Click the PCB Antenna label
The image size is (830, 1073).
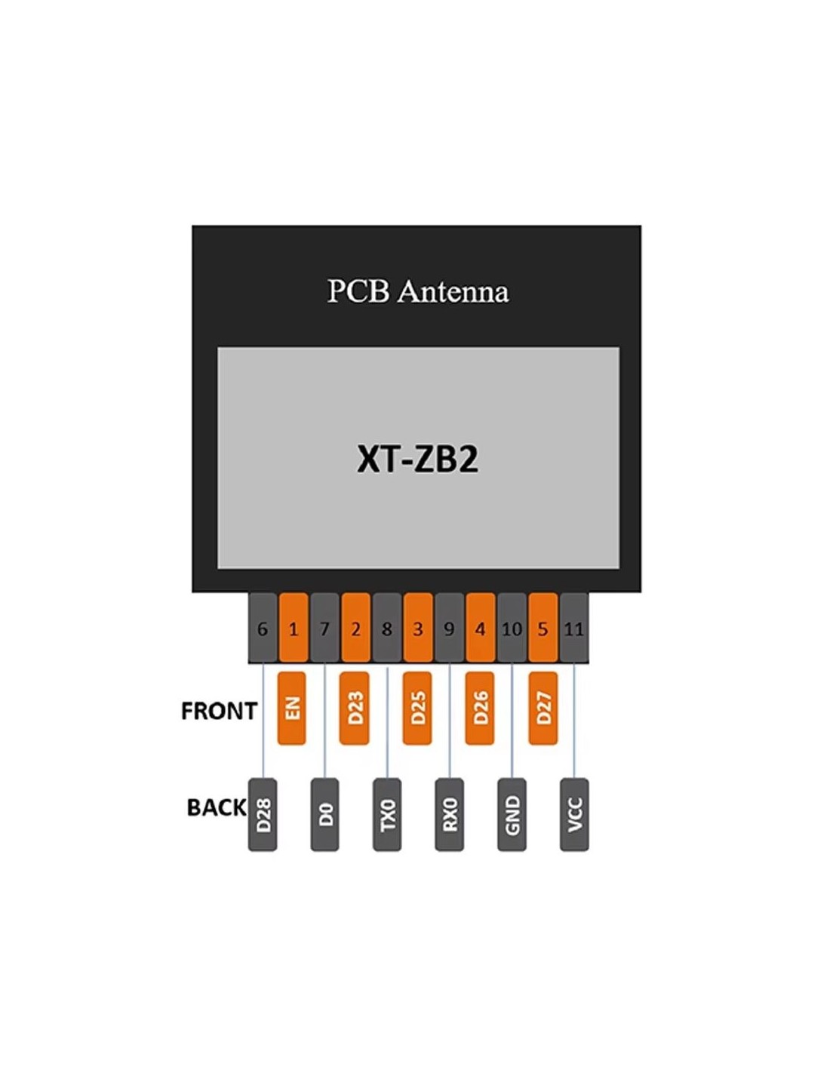coord(417,291)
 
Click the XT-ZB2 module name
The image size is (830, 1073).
coord(417,459)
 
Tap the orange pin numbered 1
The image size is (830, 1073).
coord(294,628)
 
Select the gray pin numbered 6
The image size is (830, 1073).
coord(263,628)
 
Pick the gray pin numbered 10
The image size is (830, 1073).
coord(512,628)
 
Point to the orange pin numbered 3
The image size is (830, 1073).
coord(418,628)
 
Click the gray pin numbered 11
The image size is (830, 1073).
coord(573,628)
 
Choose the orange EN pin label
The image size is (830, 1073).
coord(292,708)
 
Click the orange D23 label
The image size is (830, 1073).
coord(355,708)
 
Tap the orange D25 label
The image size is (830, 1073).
coord(417,708)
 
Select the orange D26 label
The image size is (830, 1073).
coord(480,708)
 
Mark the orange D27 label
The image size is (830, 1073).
coord(543,708)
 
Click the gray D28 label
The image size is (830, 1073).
coord(263,814)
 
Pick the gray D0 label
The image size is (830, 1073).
coord(324,814)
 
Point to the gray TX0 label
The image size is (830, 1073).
coord(387,814)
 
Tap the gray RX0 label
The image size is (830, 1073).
coord(450,814)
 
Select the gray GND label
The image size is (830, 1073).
coord(512,814)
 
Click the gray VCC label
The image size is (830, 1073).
coord(574,814)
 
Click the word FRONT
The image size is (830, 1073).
coord(219,711)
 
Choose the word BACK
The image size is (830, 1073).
coord(217,807)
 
